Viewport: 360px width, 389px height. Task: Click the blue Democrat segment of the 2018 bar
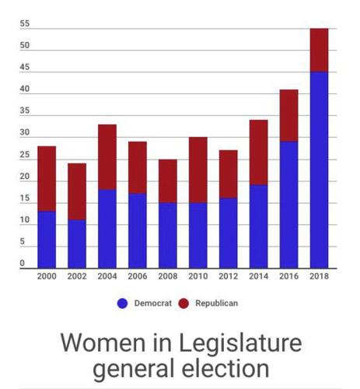(x=319, y=170)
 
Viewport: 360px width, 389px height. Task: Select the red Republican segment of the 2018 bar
(x=319, y=50)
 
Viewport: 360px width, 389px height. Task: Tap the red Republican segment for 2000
(x=47, y=179)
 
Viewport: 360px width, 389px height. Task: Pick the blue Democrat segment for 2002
(x=77, y=244)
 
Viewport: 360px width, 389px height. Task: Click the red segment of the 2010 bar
(x=198, y=170)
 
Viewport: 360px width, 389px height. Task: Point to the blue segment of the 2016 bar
(x=288, y=205)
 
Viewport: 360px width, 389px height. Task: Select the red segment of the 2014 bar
(x=258, y=152)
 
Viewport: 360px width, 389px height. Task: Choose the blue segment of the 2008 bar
(x=168, y=235)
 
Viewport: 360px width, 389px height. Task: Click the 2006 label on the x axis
(x=138, y=277)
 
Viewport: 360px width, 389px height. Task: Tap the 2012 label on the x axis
(x=228, y=277)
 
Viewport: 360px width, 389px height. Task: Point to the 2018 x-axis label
(x=319, y=277)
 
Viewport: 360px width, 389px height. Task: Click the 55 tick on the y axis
(x=25, y=24)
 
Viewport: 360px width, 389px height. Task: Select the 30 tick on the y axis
(x=25, y=133)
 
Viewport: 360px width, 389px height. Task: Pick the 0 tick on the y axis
(x=23, y=264)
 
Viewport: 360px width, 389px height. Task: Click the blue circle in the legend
(x=123, y=303)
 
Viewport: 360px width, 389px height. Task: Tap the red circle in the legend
(x=184, y=303)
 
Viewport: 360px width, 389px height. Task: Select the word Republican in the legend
(x=217, y=303)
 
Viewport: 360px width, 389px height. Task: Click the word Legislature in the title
(x=237, y=343)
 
